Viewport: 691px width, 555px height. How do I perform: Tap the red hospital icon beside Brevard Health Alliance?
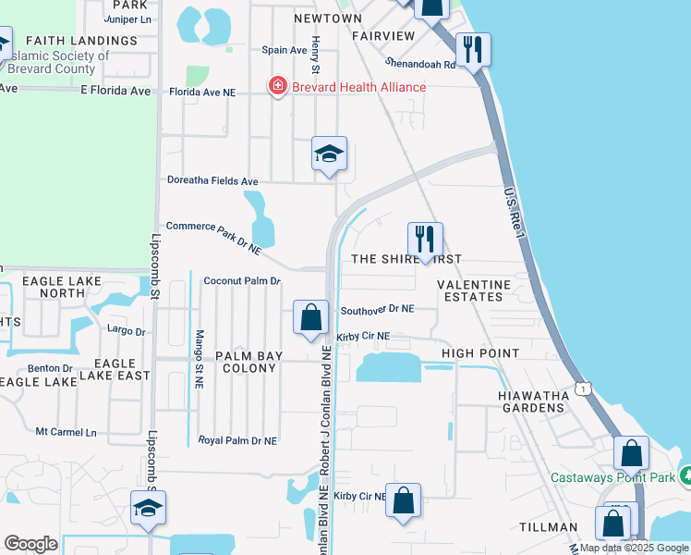click(x=276, y=87)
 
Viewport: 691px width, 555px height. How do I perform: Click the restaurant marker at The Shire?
click(x=425, y=240)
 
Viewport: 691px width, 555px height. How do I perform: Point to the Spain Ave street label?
click(x=284, y=50)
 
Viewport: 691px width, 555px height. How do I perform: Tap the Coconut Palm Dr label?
click(x=241, y=280)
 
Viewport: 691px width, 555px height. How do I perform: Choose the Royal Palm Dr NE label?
click(x=237, y=441)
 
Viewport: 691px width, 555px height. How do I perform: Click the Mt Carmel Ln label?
click(x=66, y=432)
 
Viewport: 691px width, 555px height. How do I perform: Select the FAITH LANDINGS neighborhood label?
click(x=81, y=41)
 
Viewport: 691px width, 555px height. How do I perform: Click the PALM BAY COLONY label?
click(x=246, y=362)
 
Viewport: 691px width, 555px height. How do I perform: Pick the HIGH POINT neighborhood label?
click(x=480, y=353)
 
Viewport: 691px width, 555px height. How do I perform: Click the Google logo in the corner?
click(x=30, y=544)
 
